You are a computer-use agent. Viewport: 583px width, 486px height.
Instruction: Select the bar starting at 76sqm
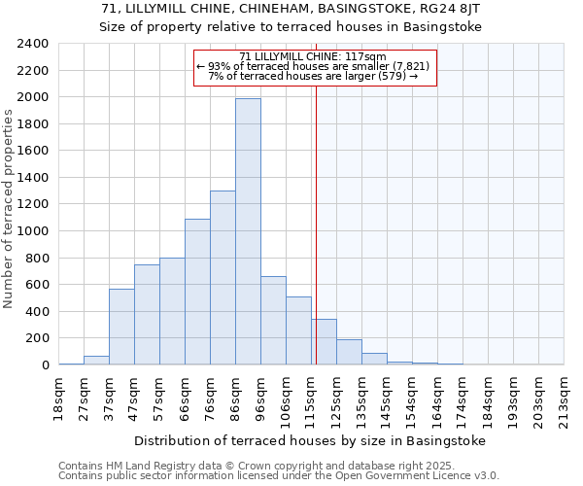click(x=223, y=278)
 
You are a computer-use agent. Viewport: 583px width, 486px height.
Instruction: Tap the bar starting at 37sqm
click(x=121, y=327)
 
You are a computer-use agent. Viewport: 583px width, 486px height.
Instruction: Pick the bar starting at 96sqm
click(x=273, y=321)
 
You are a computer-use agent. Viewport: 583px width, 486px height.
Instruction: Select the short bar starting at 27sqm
click(x=96, y=360)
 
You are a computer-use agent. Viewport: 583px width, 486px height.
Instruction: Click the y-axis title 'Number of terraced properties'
click(x=10, y=208)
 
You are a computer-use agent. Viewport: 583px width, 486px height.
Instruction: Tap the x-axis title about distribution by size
click(x=309, y=440)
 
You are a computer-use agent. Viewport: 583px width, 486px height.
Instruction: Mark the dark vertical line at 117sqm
click(x=316, y=224)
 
